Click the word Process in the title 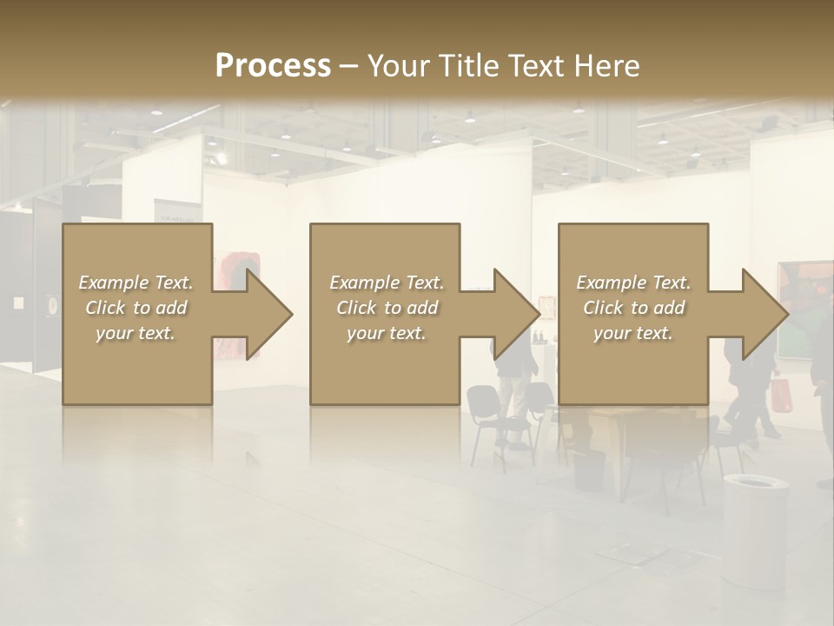click(x=273, y=66)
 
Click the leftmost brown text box click(x=137, y=365)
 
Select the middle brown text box click(x=385, y=365)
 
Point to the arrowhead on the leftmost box click(x=266, y=314)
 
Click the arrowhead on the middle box click(x=513, y=314)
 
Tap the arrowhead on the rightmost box click(x=762, y=314)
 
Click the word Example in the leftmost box click(x=113, y=283)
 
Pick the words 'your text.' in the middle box click(x=386, y=333)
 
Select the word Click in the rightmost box click(x=604, y=308)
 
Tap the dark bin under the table click(x=588, y=469)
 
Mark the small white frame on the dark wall click(x=18, y=303)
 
